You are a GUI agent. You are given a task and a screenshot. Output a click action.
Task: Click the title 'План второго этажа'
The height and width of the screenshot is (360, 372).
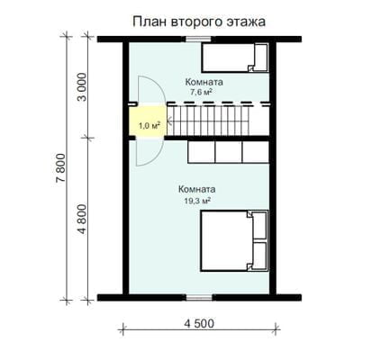pyautogui.click(x=199, y=22)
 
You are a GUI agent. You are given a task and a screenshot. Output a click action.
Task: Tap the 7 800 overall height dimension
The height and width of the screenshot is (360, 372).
pyautogui.click(x=60, y=168)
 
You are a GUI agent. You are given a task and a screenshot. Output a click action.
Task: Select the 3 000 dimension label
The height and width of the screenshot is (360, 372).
pyautogui.click(x=82, y=87)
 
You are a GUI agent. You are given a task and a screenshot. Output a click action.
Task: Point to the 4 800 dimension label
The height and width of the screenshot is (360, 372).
pyautogui.click(x=82, y=220)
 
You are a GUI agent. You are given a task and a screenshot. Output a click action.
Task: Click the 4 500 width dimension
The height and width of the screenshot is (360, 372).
pyautogui.click(x=199, y=323)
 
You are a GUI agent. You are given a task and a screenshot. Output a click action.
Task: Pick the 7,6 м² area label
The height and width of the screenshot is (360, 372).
pyautogui.click(x=199, y=93)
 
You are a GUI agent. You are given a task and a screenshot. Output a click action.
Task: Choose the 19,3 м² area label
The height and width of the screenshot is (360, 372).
pyautogui.click(x=196, y=201)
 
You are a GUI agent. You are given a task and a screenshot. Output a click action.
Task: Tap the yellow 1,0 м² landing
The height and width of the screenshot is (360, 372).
pyautogui.click(x=148, y=121)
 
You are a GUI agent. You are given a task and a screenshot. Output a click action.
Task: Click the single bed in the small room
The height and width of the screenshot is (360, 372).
pyautogui.click(x=235, y=58)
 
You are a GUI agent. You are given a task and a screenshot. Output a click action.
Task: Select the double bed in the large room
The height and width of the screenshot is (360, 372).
pyautogui.click(x=234, y=241)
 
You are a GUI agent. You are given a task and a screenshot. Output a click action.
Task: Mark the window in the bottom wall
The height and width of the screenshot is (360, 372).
pyautogui.click(x=199, y=297)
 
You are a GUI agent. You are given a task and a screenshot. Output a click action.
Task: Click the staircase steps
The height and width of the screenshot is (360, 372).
pyautogui.click(x=208, y=121)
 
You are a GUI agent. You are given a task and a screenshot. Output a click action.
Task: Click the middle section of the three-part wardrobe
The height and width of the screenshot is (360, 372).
pyautogui.click(x=229, y=152)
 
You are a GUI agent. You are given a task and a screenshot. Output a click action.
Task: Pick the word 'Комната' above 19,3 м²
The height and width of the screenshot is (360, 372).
pyautogui.click(x=196, y=189)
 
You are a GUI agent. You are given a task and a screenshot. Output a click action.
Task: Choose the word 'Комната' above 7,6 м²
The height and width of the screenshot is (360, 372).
pyautogui.click(x=204, y=82)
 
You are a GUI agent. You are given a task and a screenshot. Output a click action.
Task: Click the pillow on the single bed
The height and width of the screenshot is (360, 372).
pyautogui.click(x=260, y=58)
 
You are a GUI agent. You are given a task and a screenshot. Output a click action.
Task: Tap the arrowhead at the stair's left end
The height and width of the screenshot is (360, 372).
pyautogui.click(x=168, y=122)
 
